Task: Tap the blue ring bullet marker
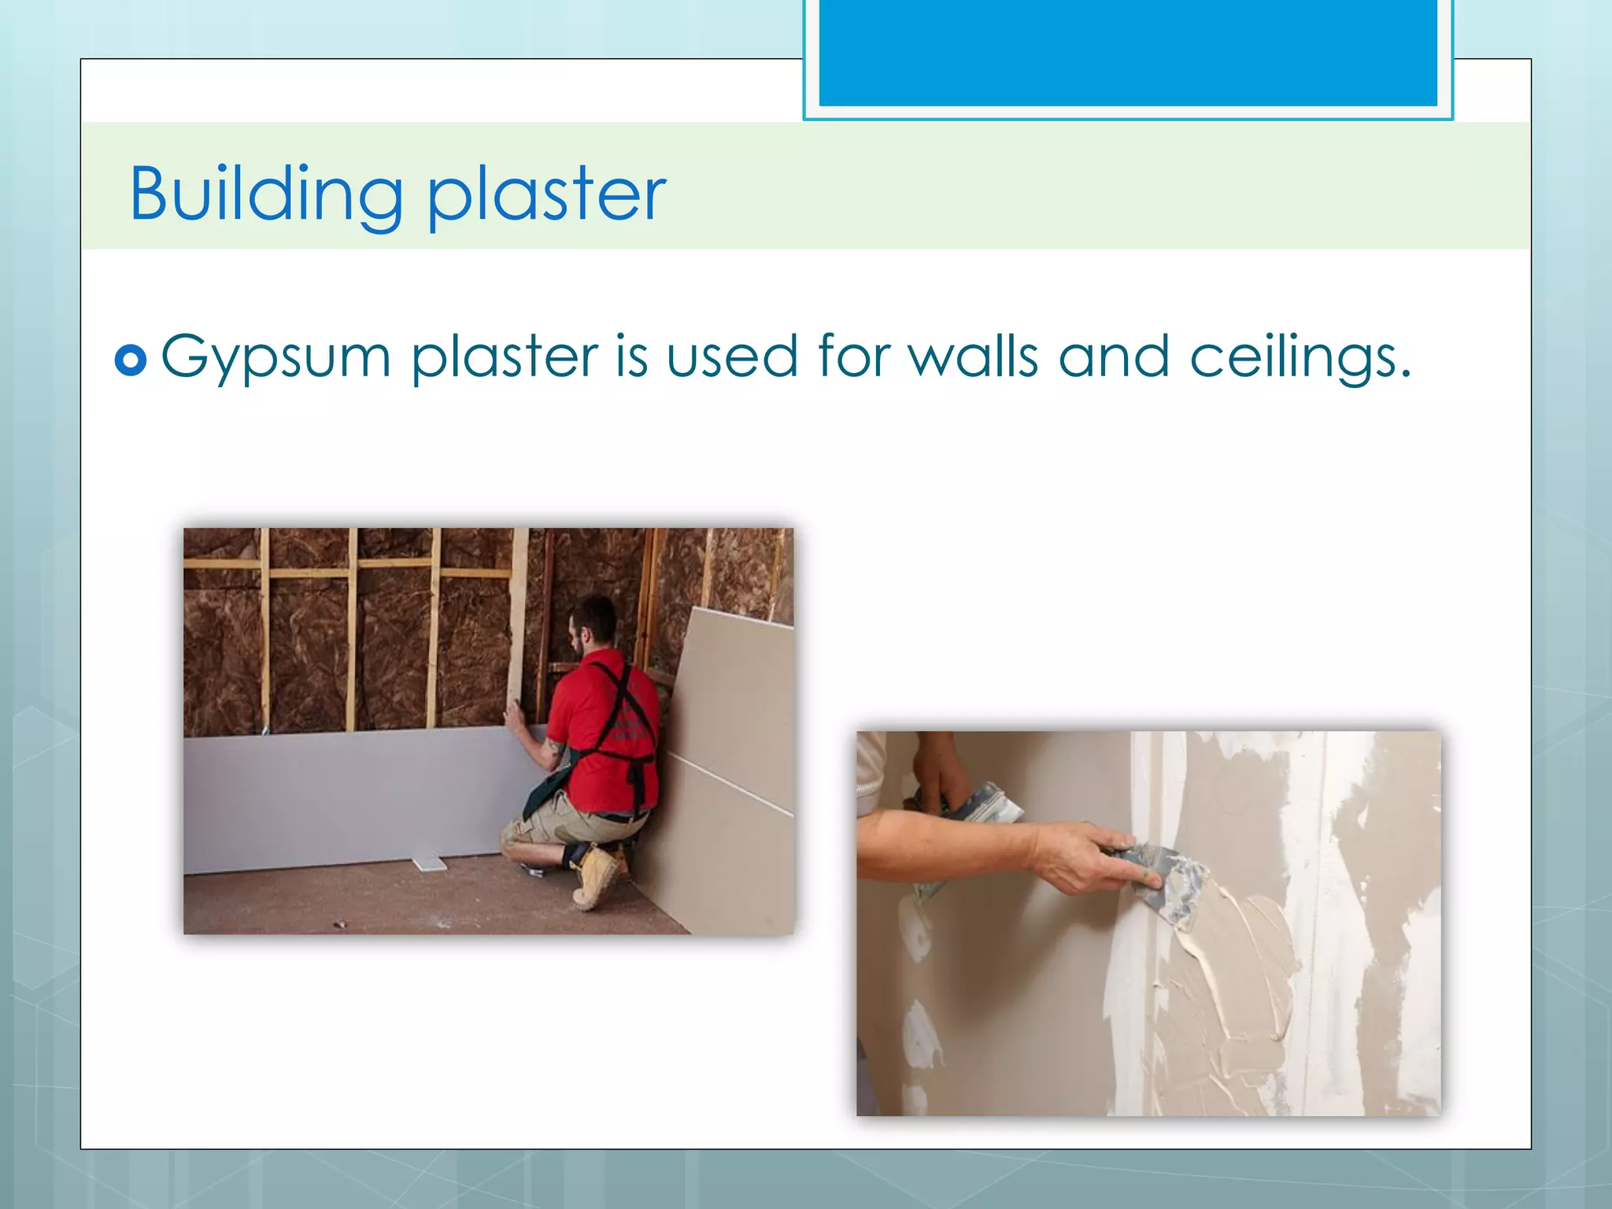click(x=131, y=360)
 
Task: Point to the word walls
click(x=973, y=357)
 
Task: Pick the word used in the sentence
click(x=732, y=357)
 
